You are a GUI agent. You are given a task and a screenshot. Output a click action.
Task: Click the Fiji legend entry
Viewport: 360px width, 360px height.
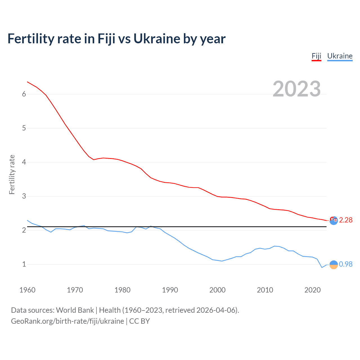[316, 56]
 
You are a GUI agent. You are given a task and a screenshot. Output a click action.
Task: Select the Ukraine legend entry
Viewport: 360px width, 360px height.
[340, 56]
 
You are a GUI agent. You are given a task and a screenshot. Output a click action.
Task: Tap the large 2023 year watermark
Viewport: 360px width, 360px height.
[296, 89]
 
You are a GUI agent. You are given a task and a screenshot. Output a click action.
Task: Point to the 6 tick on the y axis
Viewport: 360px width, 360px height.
[24, 94]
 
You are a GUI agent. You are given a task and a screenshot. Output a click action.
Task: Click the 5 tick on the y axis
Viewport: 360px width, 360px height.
[24, 128]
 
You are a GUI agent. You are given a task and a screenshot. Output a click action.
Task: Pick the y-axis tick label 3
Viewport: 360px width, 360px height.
[24, 196]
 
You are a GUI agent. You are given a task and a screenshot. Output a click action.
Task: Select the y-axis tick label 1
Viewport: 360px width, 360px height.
[24, 264]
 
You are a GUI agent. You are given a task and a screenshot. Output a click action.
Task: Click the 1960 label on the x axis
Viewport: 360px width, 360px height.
[27, 290]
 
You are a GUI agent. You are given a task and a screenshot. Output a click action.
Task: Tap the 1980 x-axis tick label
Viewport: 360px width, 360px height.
[122, 290]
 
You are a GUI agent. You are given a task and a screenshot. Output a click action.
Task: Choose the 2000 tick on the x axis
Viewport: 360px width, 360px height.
[217, 290]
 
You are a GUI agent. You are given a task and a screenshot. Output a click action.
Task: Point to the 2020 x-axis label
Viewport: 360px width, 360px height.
[312, 290]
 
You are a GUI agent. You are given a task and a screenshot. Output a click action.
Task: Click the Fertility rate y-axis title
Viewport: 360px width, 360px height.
[12, 174]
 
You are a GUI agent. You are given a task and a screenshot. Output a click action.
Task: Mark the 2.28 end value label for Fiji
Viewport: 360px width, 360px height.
[346, 220]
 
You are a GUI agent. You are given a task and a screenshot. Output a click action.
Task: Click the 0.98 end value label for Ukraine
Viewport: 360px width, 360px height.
[346, 264]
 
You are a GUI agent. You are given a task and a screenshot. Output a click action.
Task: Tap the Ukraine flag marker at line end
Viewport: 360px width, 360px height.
[334, 265]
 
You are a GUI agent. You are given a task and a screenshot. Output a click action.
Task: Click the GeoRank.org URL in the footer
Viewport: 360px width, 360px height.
[67, 321]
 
